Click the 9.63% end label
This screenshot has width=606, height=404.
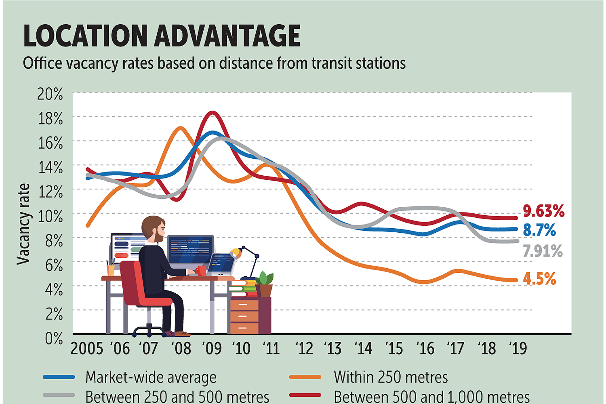click(543, 211)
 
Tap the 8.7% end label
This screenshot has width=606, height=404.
click(539, 230)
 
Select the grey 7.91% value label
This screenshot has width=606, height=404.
click(543, 251)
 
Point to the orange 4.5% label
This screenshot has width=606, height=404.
click(539, 279)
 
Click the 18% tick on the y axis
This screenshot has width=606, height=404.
click(50, 119)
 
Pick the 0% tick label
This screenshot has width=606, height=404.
click(54, 339)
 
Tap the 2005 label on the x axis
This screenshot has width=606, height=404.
click(87, 348)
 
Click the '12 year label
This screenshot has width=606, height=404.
click(304, 348)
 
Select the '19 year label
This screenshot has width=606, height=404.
click(518, 348)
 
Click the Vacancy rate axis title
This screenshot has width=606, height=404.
click(23, 224)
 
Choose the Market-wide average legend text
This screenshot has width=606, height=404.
click(151, 377)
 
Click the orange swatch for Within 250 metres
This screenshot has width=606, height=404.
click(305, 377)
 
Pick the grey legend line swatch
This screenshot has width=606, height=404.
click(59, 395)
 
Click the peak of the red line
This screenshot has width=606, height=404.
click(213, 113)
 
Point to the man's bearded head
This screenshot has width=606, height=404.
click(154, 228)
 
